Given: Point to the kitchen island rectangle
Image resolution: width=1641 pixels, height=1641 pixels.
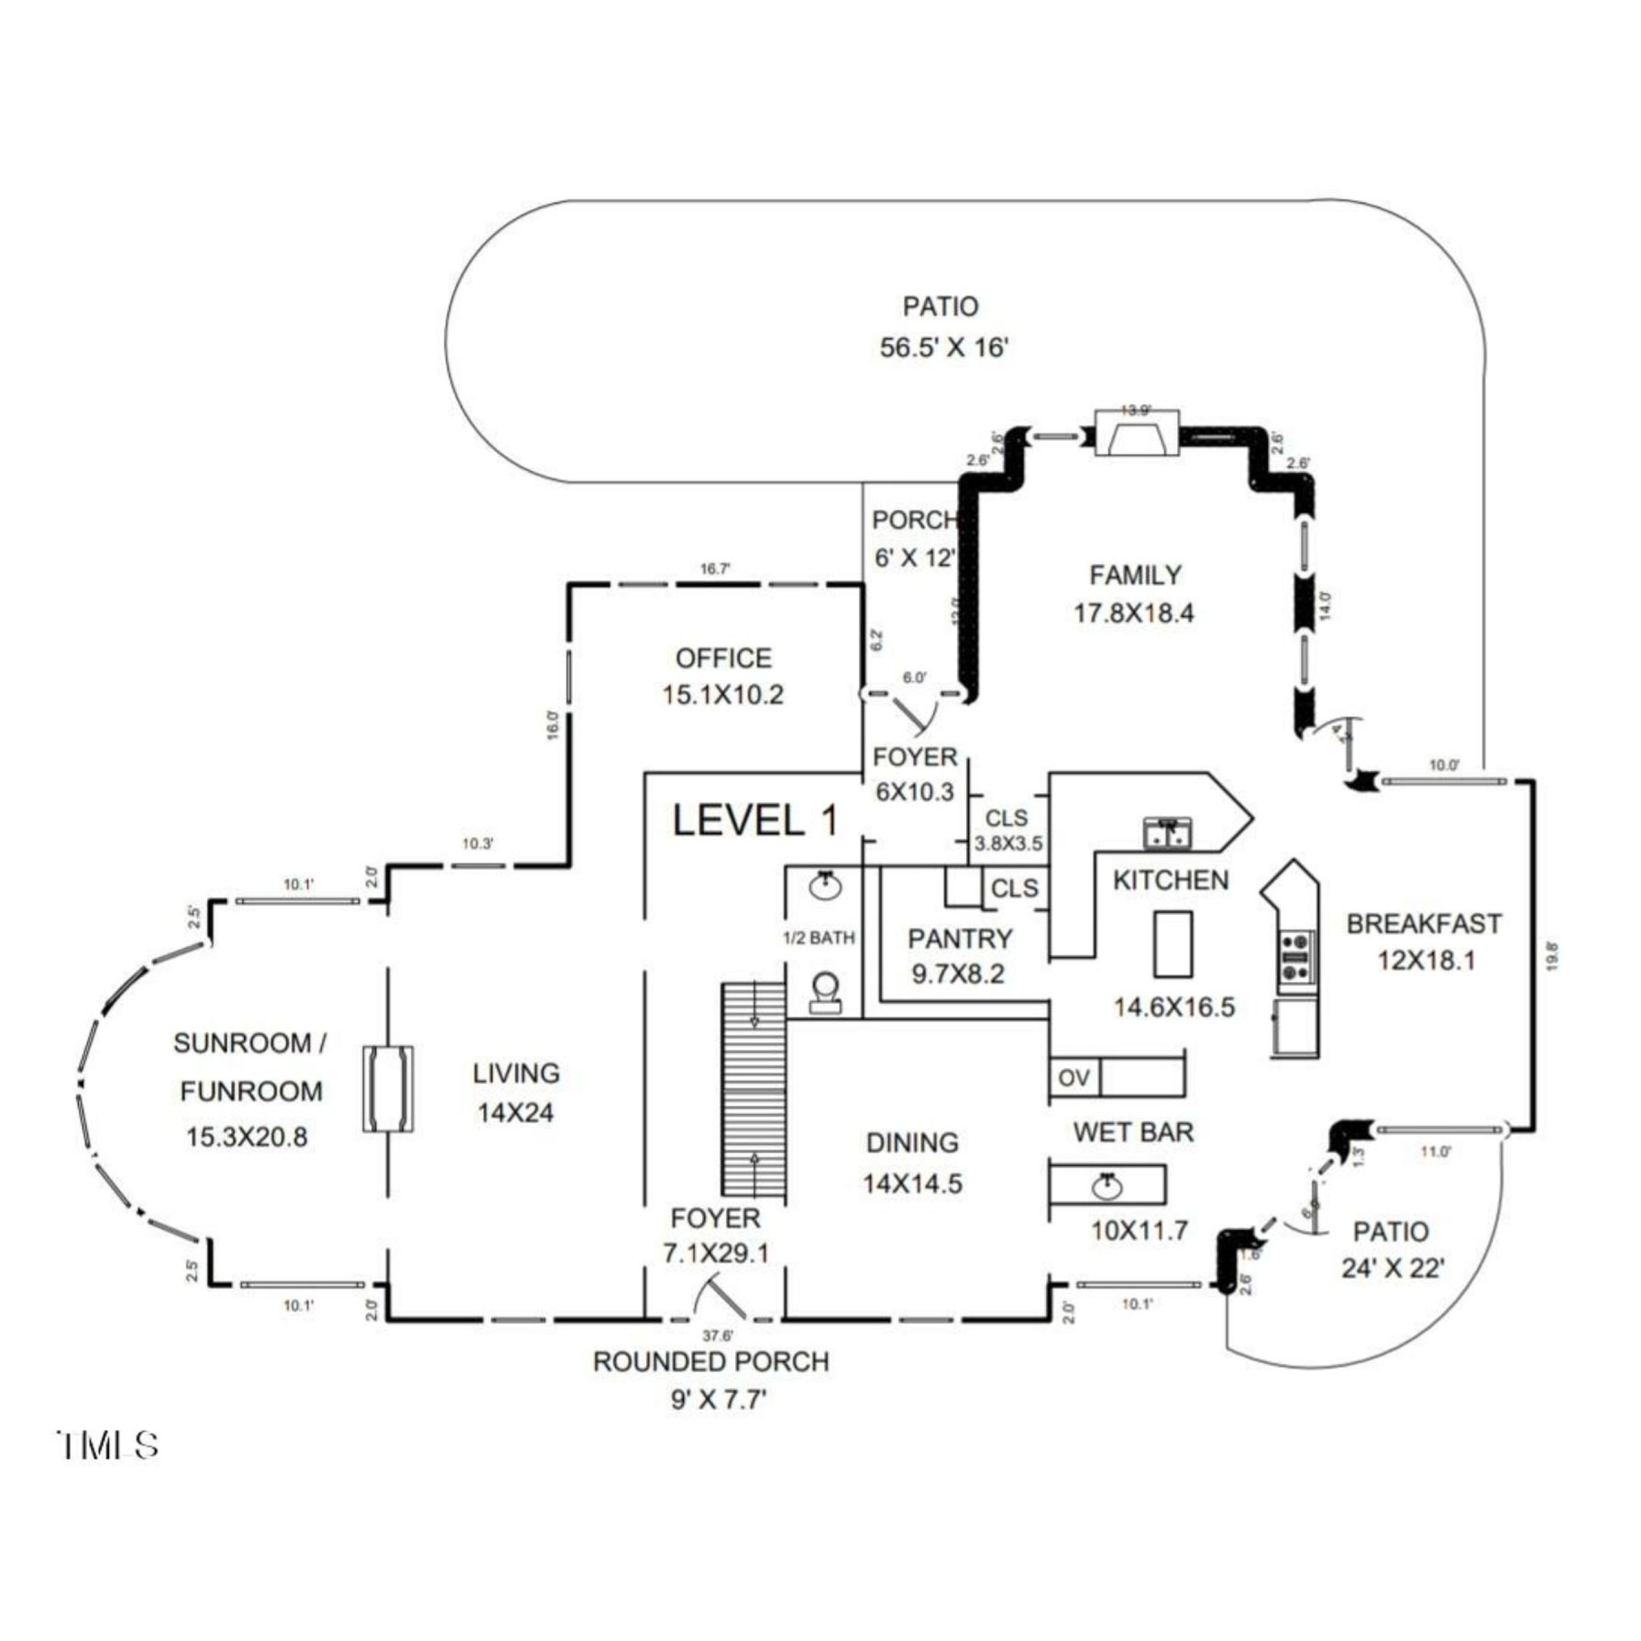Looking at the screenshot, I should [1172, 944].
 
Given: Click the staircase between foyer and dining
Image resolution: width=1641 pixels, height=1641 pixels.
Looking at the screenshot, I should [753, 1091].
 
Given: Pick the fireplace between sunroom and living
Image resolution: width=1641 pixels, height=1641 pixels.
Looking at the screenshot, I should [388, 1089].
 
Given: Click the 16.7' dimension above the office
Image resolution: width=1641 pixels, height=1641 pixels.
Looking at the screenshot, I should [715, 569].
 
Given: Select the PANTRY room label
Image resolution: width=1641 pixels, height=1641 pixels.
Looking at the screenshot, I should [960, 939].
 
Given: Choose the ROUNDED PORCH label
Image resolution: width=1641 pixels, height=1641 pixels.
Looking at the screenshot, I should [710, 1362].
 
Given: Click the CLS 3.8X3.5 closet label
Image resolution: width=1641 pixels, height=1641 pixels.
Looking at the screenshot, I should [1008, 831].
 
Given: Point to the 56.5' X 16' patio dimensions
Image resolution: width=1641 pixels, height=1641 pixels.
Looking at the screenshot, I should [943, 348].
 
